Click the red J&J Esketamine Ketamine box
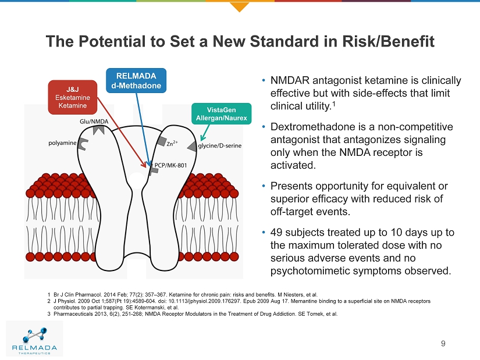72,97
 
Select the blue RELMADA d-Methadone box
136,80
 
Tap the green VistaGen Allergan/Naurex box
221,114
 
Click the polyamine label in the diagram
63,142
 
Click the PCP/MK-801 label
170,166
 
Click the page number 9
443,343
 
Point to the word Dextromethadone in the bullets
308,127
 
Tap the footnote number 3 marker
49,314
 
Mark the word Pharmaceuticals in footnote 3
74,314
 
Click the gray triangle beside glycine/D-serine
191,146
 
